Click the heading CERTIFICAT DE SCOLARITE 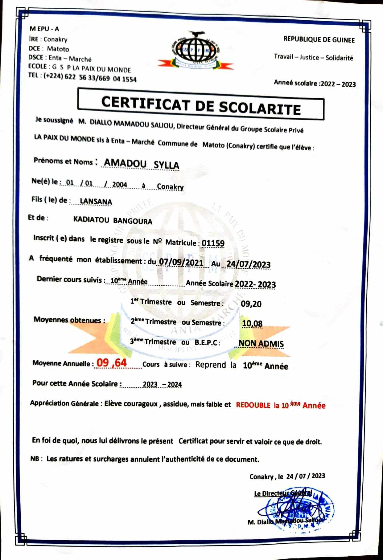click(201, 105)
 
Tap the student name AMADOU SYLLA click(141, 164)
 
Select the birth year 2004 click(120, 184)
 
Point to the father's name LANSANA click(96, 202)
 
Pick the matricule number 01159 click(213, 243)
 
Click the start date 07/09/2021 click(181, 263)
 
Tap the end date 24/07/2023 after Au click(248, 264)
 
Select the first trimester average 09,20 click(251, 304)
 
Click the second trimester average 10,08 click(252, 324)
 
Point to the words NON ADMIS click(261, 343)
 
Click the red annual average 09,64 click(112, 363)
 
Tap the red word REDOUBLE click(253, 405)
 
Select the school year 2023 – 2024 click(162, 384)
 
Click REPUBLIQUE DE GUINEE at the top click(319, 40)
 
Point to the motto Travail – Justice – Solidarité click(313, 57)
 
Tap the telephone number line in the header click(82, 77)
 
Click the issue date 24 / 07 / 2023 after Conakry click(305, 476)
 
